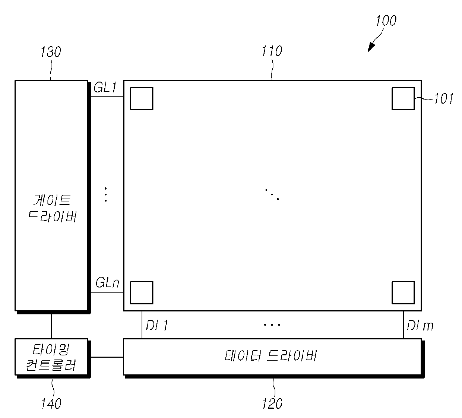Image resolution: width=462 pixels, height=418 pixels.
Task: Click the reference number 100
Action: pyautogui.click(x=386, y=20)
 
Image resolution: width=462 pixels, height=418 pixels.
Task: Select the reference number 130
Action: pyautogui.click(x=51, y=52)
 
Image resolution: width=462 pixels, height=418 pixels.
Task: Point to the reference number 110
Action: pyautogui.click(x=272, y=51)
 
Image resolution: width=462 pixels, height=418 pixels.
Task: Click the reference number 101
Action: pyautogui.click(x=443, y=99)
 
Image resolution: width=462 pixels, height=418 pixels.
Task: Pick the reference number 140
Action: pyautogui.click(x=51, y=403)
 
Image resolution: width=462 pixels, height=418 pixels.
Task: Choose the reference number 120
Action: pyautogui.click(x=272, y=403)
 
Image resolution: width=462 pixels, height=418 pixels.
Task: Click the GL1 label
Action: pyautogui.click(x=105, y=88)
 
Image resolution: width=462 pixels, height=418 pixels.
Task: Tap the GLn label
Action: pyautogui.click(x=107, y=283)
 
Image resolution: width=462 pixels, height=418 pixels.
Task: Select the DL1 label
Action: pyautogui.click(x=157, y=326)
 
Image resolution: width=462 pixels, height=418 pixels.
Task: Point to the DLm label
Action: pyautogui.click(x=420, y=326)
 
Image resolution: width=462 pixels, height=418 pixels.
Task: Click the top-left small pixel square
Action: pyautogui.click(x=142, y=99)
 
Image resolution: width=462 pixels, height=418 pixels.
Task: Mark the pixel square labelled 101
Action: pyautogui.click(x=403, y=99)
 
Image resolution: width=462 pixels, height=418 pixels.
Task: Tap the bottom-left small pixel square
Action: pyautogui.click(x=142, y=292)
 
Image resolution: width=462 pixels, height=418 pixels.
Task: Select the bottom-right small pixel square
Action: pyautogui.click(x=403, y=292)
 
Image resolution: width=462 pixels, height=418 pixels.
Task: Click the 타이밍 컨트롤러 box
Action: pyautogui.click(x=51, y=357)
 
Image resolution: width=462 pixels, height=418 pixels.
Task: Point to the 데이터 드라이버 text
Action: pyautogui.click(x=271, y=356)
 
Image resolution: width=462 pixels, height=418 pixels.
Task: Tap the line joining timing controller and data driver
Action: pyautogui.click(x=107, y=357)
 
